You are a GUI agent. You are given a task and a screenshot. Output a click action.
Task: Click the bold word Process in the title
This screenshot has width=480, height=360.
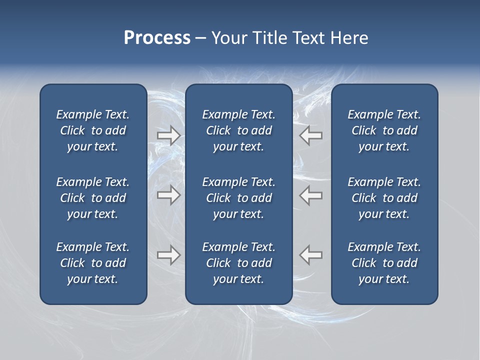(x=157, y=38)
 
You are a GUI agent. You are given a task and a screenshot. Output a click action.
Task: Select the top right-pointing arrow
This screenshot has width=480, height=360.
(x=169, y=135)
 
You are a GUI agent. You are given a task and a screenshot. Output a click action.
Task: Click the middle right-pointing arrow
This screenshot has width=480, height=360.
(x=169, y=195)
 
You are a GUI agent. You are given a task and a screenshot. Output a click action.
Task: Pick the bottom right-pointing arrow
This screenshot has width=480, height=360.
(x=169, y=255)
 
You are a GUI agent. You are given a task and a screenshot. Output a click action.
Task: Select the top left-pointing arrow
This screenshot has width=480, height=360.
(x=310, y=135)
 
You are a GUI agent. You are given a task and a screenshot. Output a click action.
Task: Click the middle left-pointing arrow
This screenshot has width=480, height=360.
(x=310, y=195)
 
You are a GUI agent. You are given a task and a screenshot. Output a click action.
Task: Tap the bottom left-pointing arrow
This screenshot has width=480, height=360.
(x=310, y=255)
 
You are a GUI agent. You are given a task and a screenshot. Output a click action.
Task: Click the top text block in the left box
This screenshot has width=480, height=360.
(x=93, y=130)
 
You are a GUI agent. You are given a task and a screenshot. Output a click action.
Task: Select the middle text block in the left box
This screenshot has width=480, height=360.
(x=93, y=198)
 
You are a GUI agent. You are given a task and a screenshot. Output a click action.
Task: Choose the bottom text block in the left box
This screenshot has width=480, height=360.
(x=93, y=263)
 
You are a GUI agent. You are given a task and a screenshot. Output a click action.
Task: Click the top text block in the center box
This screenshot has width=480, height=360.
(x=238, y=130)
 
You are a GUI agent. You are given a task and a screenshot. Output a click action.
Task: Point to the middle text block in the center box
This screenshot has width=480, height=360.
(x=238, y=198)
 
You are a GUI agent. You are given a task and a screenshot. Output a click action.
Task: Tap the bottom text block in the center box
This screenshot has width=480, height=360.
(x=238, y=263)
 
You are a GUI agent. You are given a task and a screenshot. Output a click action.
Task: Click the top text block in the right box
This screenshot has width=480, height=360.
(x=384, y=130)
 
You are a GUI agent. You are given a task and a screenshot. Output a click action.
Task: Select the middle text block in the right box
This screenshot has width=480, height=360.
(x=384, y=198)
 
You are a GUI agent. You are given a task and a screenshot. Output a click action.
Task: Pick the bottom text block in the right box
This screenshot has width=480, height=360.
(x=384, y=263)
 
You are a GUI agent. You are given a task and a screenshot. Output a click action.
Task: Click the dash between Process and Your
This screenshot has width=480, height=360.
(x=200, y=38)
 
